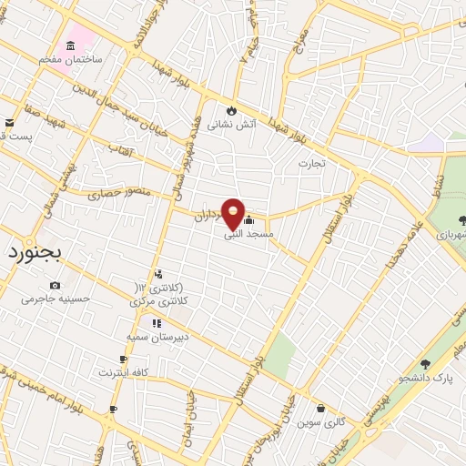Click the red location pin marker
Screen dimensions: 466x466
point(234,214)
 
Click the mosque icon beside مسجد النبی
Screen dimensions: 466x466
point(249,219)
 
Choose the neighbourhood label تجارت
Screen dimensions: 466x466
point(311,163)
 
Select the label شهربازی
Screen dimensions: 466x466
point(446,234)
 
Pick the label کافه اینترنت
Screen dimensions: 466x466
point(122,373)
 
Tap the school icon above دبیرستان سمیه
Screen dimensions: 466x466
point(156,322)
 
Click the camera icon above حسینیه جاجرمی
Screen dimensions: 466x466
point(55,285)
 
